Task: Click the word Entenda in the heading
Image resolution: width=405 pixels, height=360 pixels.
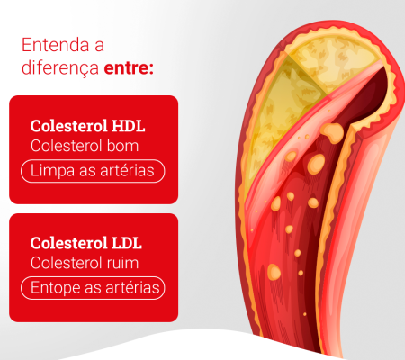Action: click(x=57, y=45)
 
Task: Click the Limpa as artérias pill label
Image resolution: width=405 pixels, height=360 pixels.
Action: click(x=93, y=171)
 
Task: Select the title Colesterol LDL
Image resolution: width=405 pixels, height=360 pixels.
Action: click(x=85, y=243)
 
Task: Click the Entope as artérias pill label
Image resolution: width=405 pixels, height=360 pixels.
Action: click(x=94, y=288)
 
